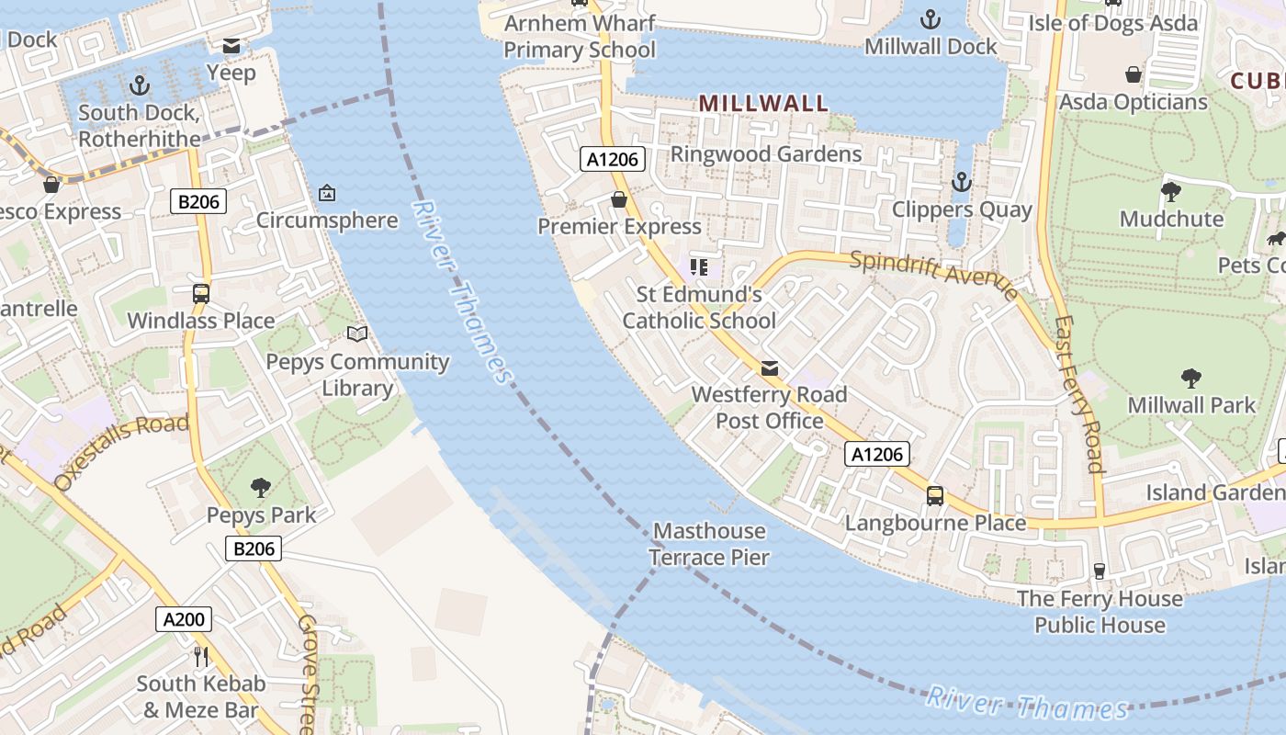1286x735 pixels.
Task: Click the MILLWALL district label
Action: (x=763, y=103)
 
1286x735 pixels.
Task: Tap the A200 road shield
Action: (x=183, y=619)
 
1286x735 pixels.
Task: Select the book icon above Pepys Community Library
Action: (x=357, y=334)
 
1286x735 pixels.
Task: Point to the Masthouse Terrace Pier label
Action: (x=709, y=544)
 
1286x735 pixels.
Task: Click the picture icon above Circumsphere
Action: (x=326, y=193)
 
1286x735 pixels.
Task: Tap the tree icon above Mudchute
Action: (x=1171, y=191)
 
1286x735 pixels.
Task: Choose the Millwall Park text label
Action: (x=1190, y=405)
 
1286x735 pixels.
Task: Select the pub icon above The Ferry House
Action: (x=1099, y=571)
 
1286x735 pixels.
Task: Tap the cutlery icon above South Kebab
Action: (x=201, y=656)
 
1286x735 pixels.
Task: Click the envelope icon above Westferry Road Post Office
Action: (x=770, y=368)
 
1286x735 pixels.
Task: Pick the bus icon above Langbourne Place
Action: (x=934, y=496)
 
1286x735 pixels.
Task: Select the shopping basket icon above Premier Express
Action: (x=619, y=199)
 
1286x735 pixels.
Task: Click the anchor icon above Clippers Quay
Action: (x=962, y=182)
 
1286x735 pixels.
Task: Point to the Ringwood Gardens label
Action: (x=766, y=153)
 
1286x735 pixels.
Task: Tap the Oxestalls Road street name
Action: (x=121, y=451)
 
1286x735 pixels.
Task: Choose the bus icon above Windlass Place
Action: (x=200, y=294)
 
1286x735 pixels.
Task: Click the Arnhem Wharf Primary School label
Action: (x=580, y=36)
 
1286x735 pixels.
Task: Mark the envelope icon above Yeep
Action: (x=231, y=45)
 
